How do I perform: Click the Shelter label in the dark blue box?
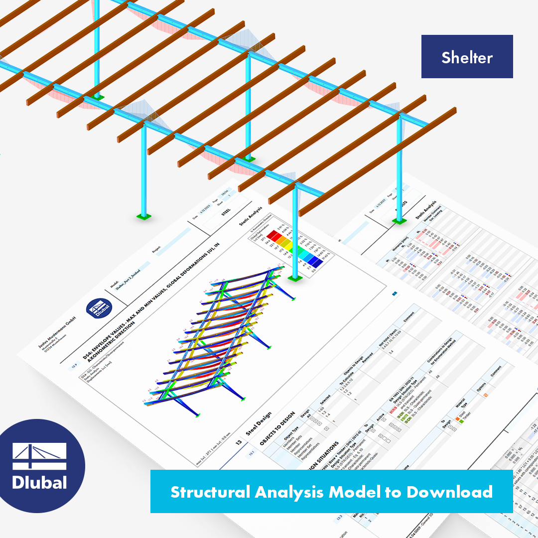pyautogui.click(x=467, y=57)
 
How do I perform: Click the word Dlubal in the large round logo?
pyautogui.click(x=39, y=482)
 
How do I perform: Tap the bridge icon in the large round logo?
pyautogui.click(x=39, y=456)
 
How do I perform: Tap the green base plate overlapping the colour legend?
pyautogui.click(x=293, y=277)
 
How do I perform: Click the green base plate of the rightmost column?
pyautogui.click(x=399, y=221)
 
